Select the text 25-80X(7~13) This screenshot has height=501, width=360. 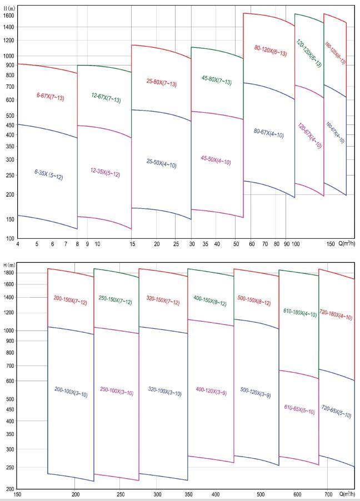pyautogui.click(x=162, y=82)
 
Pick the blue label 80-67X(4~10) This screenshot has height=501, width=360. pyautogui.click(x=269, y=133)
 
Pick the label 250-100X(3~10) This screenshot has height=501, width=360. pyautogui.click(x=117, y=391)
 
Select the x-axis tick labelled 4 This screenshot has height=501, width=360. pyautogui.click(x=18, y=244)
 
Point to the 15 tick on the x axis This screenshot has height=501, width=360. pyautogui.click(x=132, y=244)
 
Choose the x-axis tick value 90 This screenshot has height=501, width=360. pyautogui.click(x=286, y=244)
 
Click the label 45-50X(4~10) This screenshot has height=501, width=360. pyautogui.click(x=216, y=160)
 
